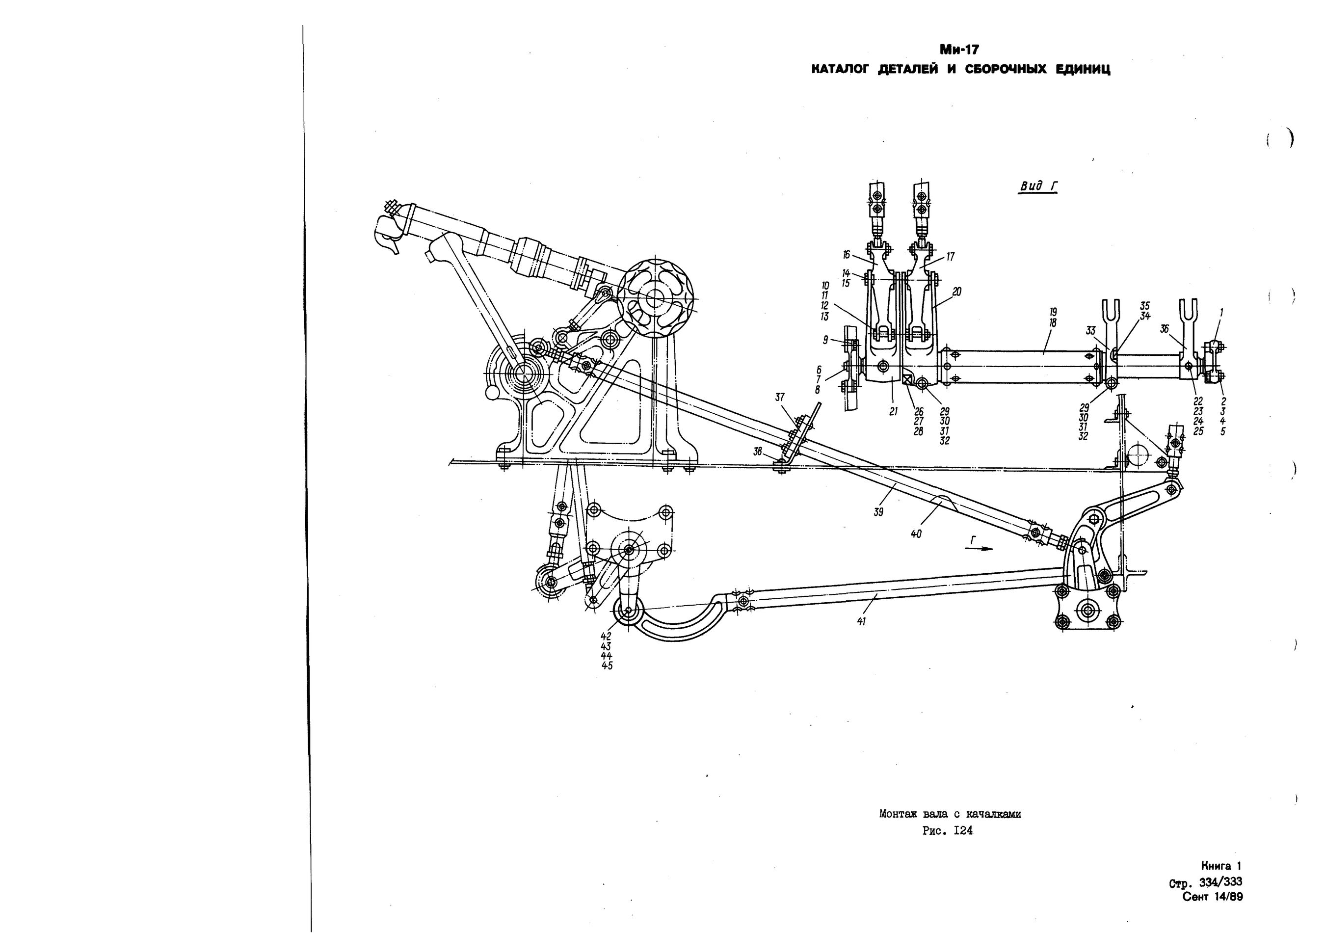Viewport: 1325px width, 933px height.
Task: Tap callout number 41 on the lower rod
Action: [862, 621]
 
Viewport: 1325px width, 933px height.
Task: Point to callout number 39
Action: [878, 512]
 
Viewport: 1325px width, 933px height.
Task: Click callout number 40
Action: [916, 534]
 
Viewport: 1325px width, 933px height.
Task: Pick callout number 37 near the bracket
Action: [780, 398]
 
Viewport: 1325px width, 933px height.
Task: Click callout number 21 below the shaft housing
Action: [893, 412]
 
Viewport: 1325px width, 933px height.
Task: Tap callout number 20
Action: [957, 292]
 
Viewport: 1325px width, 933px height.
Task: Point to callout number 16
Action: [847, 254]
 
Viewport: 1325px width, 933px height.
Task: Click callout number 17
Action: [950, 257]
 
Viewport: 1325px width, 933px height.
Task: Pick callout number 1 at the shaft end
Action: [1221, 312]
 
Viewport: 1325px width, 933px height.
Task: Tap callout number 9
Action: [825, 341]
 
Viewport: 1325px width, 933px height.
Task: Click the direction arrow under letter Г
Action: [980, 549]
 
